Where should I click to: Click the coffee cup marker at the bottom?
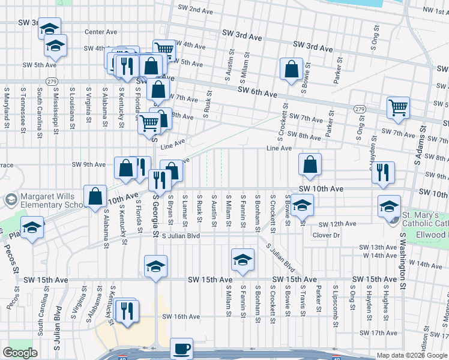(x=181, y=349)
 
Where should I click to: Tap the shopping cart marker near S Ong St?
(x=398, y=109)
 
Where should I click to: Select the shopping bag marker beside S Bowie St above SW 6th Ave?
(x=291, y=69)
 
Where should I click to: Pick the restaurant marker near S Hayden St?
(x=382, y=173)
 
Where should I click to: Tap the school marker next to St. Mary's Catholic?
(x=389, y=208)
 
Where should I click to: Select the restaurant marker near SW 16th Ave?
(x=127, y=311)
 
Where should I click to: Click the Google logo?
(x=20, y=353)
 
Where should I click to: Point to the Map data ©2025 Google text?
(x=411, y=356)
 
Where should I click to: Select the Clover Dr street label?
(x=327, y=235)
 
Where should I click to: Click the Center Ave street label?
(x=101, y=32)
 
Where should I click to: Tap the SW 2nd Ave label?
(x=196, y=10)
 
